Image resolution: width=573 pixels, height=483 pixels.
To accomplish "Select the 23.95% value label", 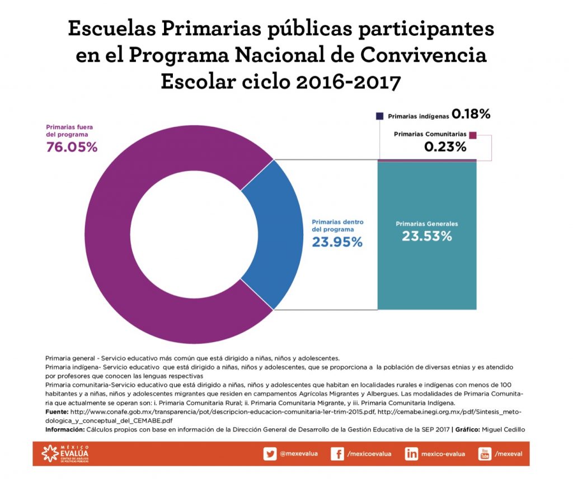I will coord(337,242).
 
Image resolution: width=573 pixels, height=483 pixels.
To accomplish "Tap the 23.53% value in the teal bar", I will coord(426,236).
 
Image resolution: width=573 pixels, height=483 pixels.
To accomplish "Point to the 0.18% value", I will coord(471,115).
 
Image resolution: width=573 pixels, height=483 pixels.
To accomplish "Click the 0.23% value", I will coord(445,148).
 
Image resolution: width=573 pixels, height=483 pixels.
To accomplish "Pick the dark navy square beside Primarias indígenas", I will coord(380,116).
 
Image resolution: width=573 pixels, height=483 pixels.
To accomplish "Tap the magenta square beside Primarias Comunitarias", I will coord(473,135).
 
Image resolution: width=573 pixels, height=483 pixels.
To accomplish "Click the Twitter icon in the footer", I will coord(270,454).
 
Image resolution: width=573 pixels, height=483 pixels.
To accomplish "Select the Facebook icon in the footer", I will coord(337,454).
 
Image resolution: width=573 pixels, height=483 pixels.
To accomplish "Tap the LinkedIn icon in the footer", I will coord(411,454).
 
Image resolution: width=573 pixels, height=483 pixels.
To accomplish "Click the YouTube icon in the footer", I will coord(485,454).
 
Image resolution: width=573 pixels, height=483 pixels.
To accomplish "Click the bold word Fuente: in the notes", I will coord(57,412).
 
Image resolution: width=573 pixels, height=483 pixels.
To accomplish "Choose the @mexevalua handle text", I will coord(299,454).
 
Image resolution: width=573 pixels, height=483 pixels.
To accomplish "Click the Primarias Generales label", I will coord(426,224).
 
